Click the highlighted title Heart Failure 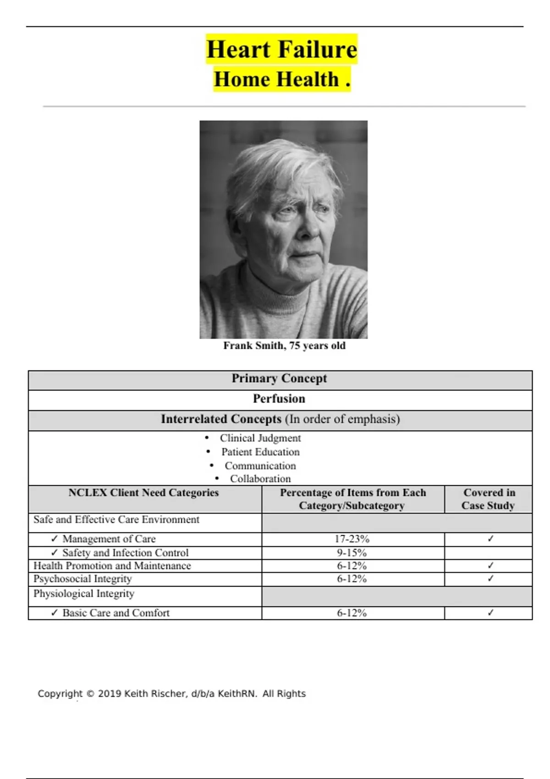(281, 49)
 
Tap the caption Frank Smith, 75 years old (284, 346)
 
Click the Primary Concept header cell (279, 379)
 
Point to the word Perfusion (279, 399)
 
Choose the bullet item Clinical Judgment (260, 438)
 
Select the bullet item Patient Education (260, 452)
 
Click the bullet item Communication (260, 466)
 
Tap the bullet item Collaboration (260, 479)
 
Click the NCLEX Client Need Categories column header (143, 493)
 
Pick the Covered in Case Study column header (489, 499)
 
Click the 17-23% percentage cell (352, 539)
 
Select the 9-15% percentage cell (352, 553)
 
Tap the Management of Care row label (109, 539)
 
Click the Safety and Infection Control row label (125, 553)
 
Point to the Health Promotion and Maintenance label (112, 566)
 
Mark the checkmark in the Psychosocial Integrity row (490, 579)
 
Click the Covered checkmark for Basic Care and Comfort (490, 613)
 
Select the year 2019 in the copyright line (109, 694)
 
